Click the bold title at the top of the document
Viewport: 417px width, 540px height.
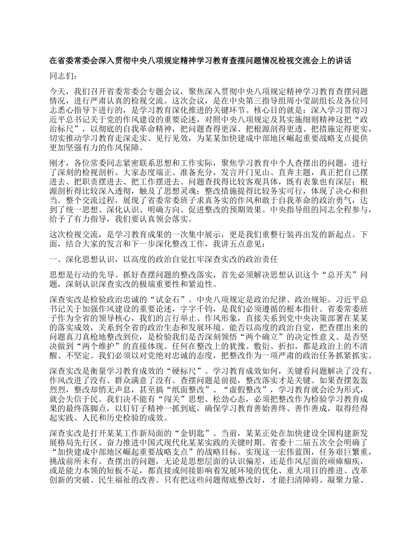click(200, 61)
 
